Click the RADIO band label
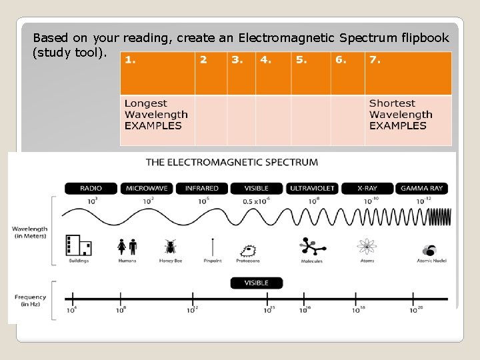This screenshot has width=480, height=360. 91,189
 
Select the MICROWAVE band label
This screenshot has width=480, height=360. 146,189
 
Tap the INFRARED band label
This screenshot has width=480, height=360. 201,189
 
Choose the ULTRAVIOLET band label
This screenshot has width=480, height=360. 312,189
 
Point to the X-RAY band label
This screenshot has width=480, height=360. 367,189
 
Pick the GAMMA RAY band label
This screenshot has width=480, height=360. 422,189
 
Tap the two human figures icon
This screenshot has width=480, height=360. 127,247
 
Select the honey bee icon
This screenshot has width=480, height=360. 171,247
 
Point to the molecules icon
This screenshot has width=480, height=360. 311,247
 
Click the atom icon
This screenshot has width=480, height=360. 366,247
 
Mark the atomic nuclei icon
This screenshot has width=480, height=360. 429,250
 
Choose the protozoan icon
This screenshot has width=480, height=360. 249,251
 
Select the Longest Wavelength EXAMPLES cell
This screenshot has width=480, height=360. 157,120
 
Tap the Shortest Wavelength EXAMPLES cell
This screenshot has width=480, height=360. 407,120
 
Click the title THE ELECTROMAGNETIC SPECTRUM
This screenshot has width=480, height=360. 232,162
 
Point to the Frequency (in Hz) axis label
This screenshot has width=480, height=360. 31,301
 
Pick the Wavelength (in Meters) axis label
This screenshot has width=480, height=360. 29,233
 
